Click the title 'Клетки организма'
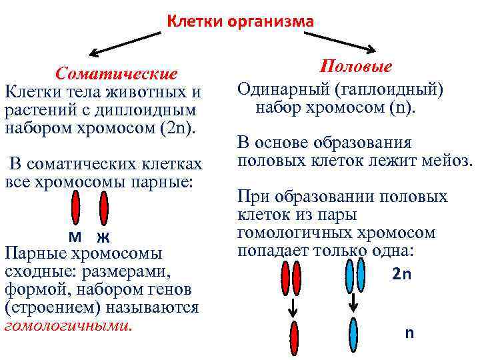pos(239,22)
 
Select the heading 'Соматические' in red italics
pos(117,73)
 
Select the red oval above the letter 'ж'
pos(103,207)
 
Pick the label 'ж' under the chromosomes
pos(102,237)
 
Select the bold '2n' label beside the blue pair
pos(402,274)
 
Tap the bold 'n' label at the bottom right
pos(409,333)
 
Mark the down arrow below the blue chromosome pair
pos(354,303)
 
